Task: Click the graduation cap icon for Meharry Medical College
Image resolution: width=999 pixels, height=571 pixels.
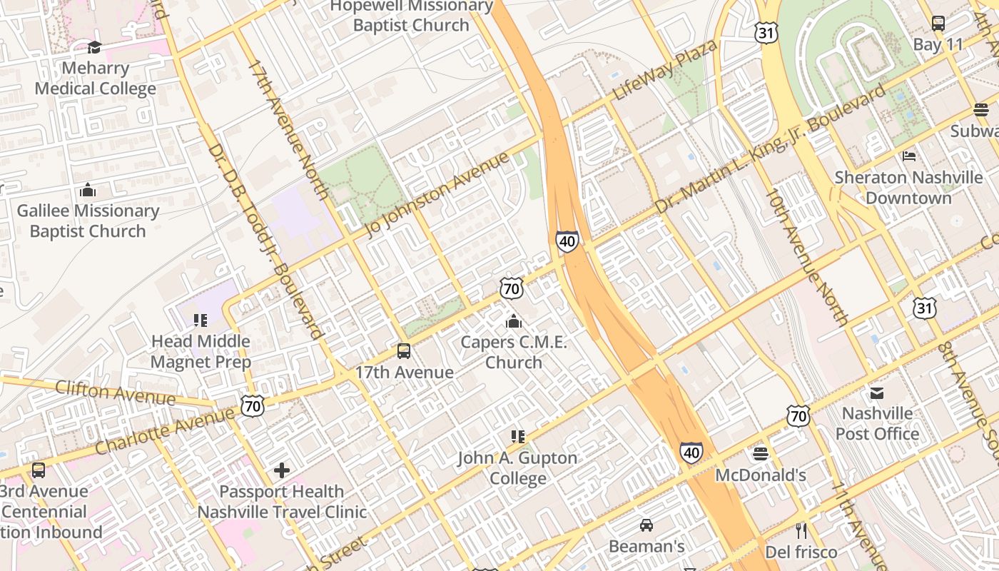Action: point(94,48)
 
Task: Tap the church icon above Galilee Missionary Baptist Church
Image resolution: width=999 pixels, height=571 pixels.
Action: point(88,190)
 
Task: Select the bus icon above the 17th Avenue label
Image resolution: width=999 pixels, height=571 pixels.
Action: point(404,351)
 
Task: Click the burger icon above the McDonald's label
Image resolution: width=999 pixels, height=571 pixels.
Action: point(761,454)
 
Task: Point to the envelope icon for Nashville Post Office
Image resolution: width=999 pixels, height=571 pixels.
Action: point(877,393)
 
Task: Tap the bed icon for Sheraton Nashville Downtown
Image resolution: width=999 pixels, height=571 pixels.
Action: point(909,156)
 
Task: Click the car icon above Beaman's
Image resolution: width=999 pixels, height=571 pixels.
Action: point(646,525)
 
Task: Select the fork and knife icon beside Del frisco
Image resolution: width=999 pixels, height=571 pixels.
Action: point(801,530)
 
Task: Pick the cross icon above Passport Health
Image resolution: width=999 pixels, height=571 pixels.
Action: point(282,470)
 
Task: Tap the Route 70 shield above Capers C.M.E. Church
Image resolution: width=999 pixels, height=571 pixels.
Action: point(512,288)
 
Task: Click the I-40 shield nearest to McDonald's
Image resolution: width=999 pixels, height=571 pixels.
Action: point(691,452)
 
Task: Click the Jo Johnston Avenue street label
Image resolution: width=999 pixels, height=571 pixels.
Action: point(437,194)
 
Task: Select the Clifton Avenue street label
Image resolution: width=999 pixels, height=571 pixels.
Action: point(115,392)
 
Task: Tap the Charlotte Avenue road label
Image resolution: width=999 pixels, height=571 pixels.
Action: point(165,431)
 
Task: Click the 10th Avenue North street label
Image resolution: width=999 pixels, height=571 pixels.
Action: point(806,257)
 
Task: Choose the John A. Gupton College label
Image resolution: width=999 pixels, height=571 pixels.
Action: point(517,468)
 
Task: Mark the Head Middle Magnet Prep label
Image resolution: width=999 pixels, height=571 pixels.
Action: point(201,351)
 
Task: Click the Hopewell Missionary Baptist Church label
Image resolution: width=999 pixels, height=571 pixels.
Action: point(412,16)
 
